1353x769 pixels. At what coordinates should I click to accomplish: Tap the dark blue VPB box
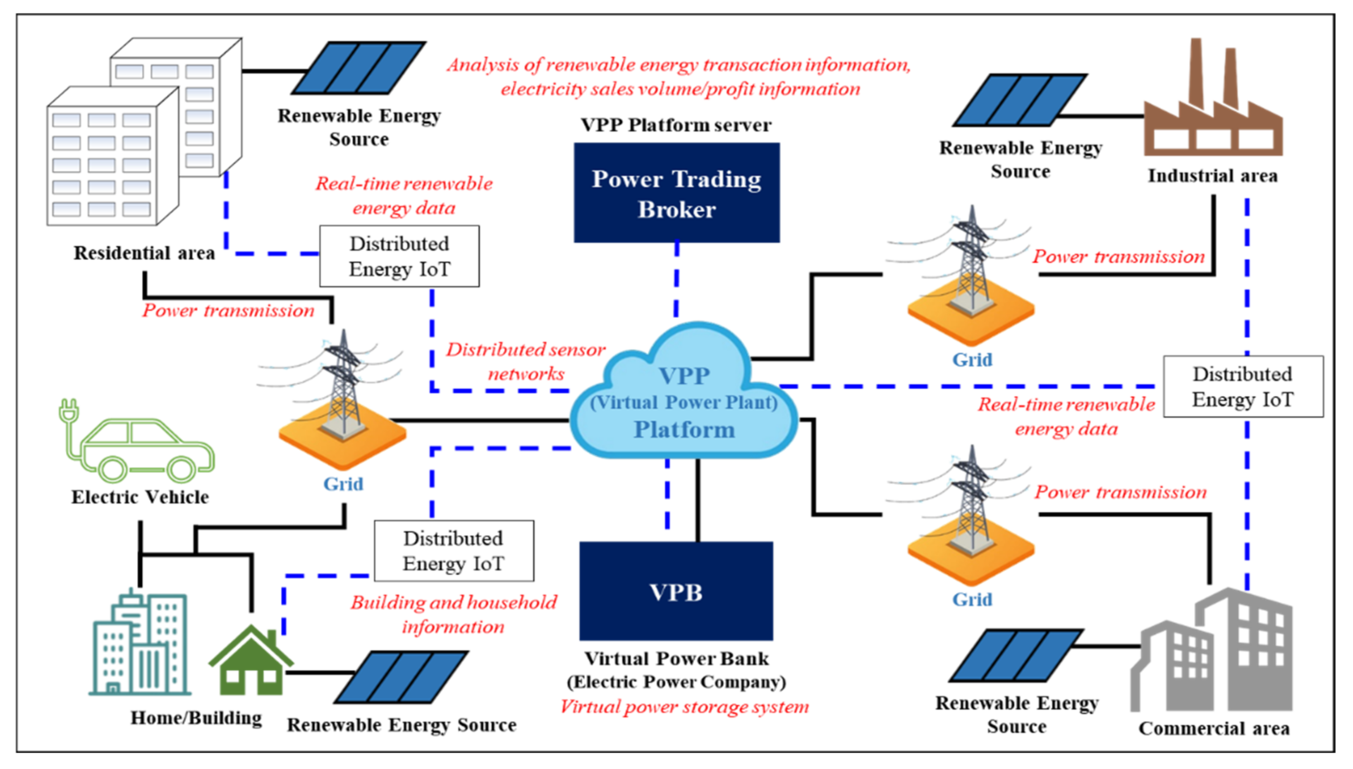pyautogui.click(x=676, y=591)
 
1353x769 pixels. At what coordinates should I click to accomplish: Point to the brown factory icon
pyautogui.click(x=1212, y=98)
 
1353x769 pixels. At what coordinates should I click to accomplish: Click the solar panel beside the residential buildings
pyautogui.click(x=359, y=67)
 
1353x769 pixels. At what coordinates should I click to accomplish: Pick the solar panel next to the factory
pyautogui.click(x=1020, y=100)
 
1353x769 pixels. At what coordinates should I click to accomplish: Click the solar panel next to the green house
pyautogui.click(x=401, y=677)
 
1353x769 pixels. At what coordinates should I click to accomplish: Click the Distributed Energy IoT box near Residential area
pyautogui.click(x=399, y=256)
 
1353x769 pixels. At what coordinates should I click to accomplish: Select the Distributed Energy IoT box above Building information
pyautogui.click(x=454, y=551)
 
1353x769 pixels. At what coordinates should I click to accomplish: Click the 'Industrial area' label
pyautogui.click(x=1212, y=176)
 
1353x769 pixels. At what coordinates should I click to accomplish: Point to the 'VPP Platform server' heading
pyautogui.click(x=676, y=125)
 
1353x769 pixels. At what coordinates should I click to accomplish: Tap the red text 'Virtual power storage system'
pyautogui.click(x=684, y=707)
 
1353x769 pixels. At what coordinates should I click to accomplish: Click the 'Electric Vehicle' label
pyautogui.click(x=140, y=497)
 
